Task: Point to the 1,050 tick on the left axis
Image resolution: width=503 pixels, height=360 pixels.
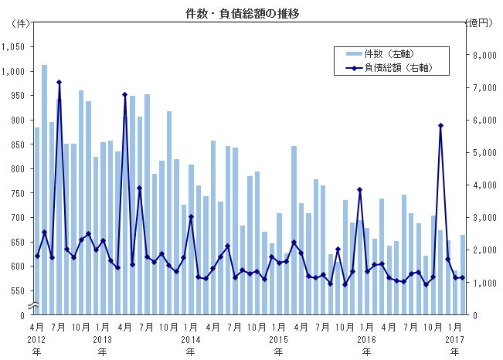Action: pos(15,46)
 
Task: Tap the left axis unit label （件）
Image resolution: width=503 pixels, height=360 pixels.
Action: pos(17,23)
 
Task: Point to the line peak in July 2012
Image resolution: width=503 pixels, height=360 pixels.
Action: pos(59,83)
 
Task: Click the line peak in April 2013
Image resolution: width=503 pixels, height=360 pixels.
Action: pos(125,95)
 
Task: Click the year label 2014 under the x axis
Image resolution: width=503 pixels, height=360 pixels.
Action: pos(190,340)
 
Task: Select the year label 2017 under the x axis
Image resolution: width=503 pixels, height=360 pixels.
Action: pos(454,340)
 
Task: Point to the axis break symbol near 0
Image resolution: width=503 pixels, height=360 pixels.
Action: pos(34,307)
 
